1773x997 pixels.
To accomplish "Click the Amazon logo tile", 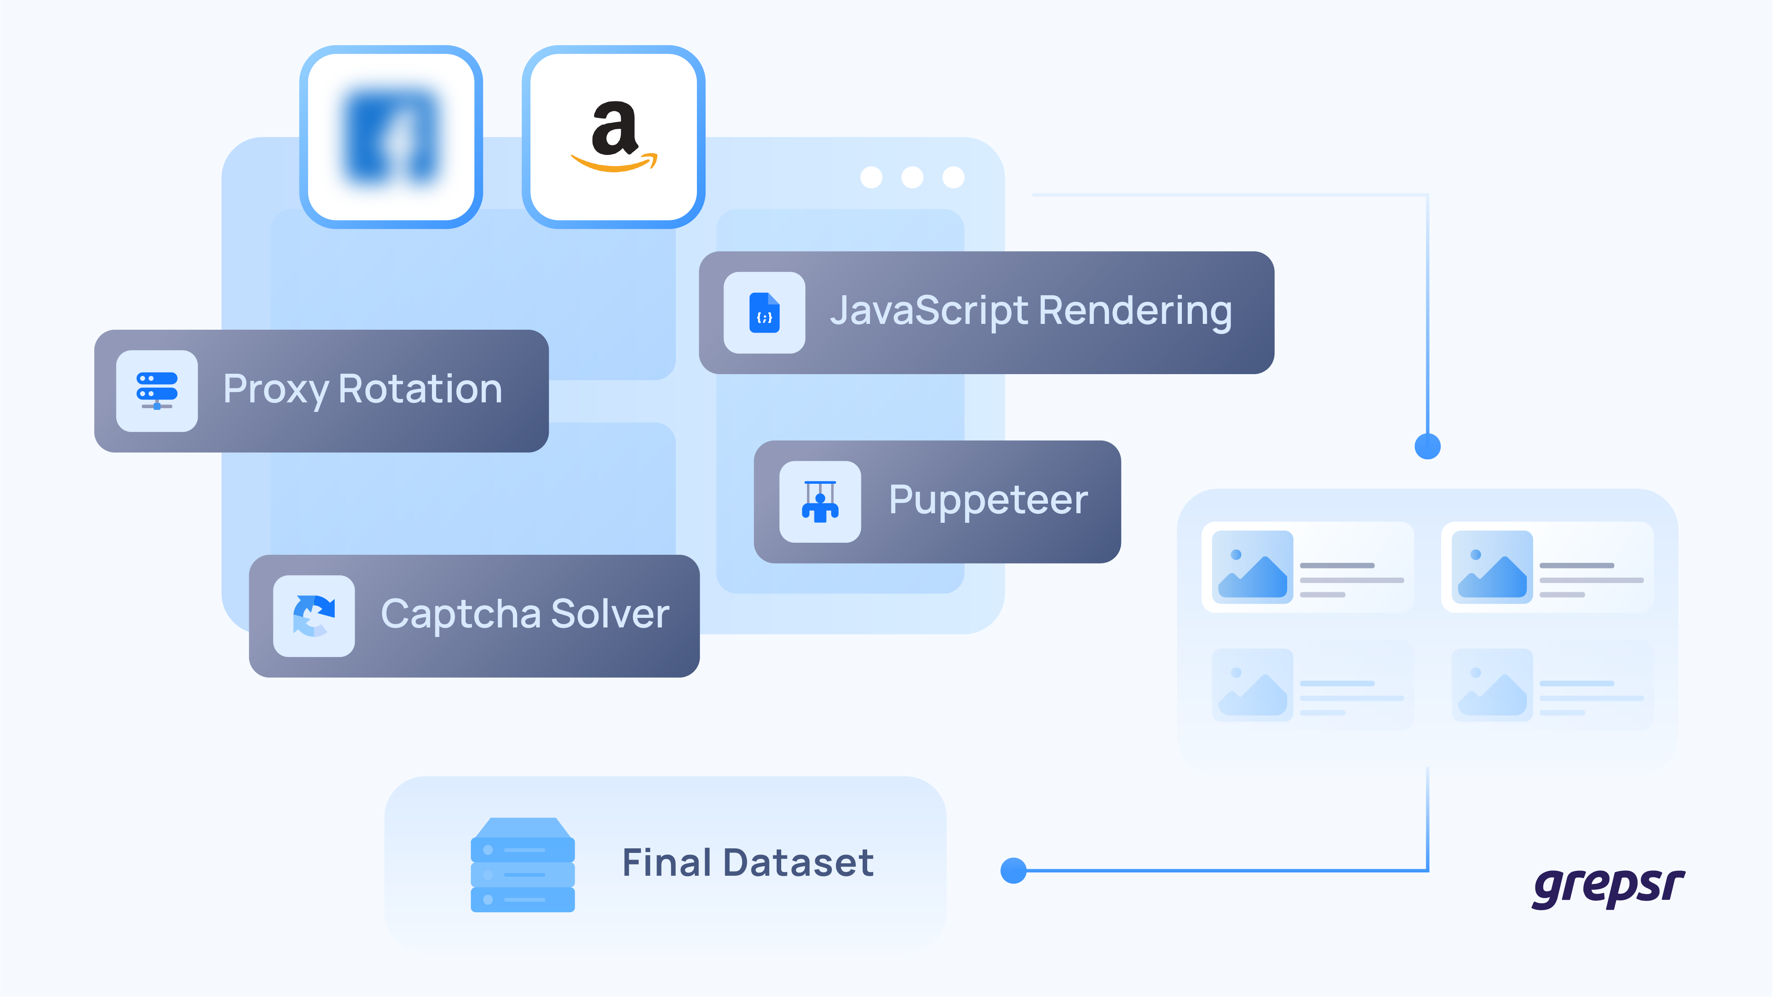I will click(613, 137).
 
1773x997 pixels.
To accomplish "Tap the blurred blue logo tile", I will click(391, 137).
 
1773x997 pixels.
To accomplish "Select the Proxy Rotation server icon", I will click(157, 391).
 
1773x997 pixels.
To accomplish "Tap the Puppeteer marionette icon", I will click(820, 502).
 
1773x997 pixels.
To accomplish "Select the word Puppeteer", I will click(988, 500).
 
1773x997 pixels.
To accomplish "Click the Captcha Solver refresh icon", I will click(314, 616).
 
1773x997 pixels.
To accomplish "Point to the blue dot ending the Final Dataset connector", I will click(1013, 870).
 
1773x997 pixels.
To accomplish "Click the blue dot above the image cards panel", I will click(1427, 446).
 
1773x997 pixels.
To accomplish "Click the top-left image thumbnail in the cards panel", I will click(1252, 567).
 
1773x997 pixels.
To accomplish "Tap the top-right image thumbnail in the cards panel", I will click(1491, 567).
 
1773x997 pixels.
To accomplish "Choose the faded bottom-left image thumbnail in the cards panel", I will click(1252, 685).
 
